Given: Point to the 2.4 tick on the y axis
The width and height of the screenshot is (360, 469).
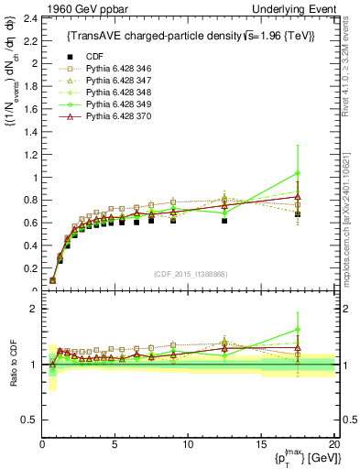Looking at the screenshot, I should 30,18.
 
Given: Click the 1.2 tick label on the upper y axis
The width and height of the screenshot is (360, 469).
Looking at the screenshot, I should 30,155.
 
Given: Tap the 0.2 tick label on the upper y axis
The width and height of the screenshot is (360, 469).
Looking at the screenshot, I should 30,268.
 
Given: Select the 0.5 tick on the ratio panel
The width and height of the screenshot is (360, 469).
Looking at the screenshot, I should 28,420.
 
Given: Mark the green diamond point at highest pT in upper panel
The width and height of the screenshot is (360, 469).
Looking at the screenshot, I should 297,173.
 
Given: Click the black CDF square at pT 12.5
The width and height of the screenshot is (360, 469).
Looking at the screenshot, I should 224,221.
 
